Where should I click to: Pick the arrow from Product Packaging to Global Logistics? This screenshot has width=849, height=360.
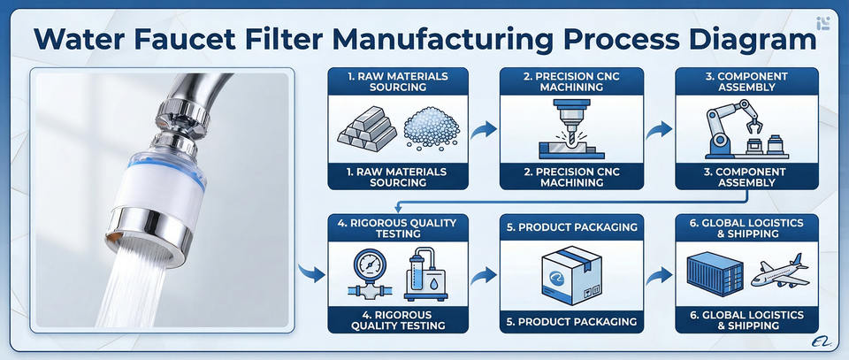tap(655, 275)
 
